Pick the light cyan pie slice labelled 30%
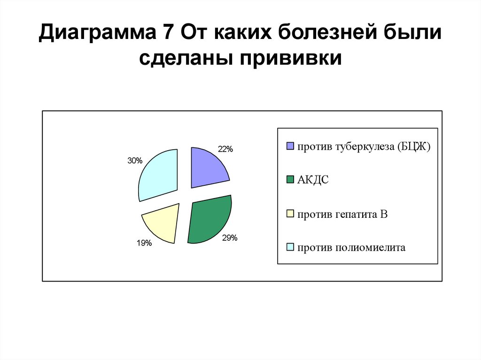point(157,174)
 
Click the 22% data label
point(225,149)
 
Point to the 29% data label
point(230,238)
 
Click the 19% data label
point(144,243)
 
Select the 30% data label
point(134,161)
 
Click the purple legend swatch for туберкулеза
point(290,146)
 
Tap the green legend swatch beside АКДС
point(290,180)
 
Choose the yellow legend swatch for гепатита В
point(290,214)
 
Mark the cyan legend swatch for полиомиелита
point(290,247)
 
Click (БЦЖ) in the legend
point(414,146)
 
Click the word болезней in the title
point(328,33)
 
